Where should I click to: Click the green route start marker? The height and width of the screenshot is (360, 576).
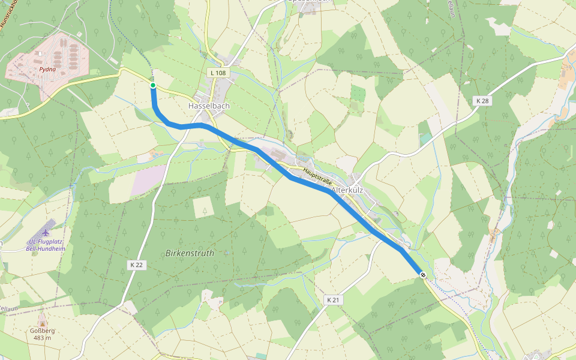click(153, 86)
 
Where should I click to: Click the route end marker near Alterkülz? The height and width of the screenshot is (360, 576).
click(423, 275)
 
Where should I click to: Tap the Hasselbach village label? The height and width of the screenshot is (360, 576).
click(209, 106)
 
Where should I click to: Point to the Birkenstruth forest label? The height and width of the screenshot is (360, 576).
click(190, 253)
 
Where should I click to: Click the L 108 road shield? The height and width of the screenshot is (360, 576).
click(218, 73)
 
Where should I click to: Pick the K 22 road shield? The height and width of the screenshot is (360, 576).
click(136, 265)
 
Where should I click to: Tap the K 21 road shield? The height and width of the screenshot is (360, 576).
click(334, 299)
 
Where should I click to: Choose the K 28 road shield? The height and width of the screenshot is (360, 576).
click(482, 101)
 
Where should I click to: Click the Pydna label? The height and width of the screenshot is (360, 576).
click(47, 70)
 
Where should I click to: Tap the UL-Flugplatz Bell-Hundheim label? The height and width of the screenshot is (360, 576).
click(46, 245)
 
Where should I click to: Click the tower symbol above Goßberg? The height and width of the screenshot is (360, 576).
click(41, 320)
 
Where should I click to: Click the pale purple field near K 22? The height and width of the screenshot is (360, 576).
click(148, 180)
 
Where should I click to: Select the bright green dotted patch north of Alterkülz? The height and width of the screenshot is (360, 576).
click(358, 94)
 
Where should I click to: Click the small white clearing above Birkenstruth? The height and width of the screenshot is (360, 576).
click(203, 206)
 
